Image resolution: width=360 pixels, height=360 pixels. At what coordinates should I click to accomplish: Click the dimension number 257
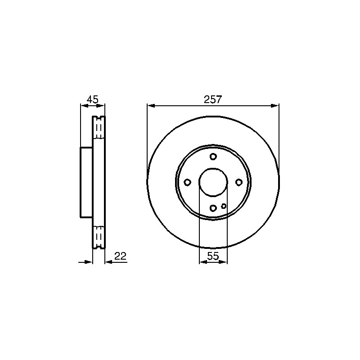coord(213,99)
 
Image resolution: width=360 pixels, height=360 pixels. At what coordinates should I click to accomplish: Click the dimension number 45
coord(93,99)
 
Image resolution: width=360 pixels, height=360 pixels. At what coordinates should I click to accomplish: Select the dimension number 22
coord(121,256)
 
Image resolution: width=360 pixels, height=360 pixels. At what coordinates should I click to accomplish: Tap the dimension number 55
coord(213,256)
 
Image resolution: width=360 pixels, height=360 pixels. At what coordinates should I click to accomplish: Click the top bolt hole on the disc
coord(213,157)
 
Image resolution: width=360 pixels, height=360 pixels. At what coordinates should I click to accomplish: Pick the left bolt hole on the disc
coord(188,182)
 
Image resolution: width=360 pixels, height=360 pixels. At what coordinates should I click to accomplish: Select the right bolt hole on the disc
coord(239,182)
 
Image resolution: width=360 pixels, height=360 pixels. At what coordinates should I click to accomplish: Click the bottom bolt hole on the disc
coord(213,208)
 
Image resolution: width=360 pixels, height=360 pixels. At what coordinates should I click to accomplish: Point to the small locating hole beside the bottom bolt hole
coord(224,206)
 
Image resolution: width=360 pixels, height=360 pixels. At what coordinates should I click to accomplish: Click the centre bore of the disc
coord(213,182)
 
